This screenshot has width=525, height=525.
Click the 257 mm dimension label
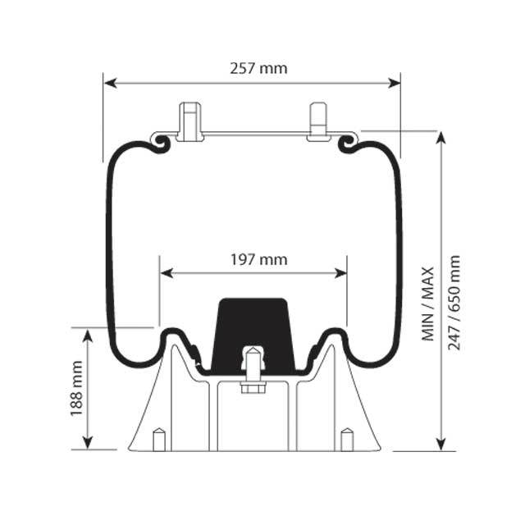click(258, 68)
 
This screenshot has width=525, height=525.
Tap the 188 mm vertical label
click(76, 388)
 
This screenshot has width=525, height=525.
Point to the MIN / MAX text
click(428, 302)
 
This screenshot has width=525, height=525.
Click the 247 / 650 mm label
click(454, 302)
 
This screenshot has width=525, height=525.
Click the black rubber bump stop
click(253, 332)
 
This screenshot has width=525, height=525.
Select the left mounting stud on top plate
click(190, 121)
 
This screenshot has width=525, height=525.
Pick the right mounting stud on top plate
click(318, 121)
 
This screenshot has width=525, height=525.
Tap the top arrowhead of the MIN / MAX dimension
click(441, 137)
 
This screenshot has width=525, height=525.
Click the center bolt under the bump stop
click(253, 369)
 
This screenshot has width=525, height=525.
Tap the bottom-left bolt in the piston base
click(159, 439)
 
